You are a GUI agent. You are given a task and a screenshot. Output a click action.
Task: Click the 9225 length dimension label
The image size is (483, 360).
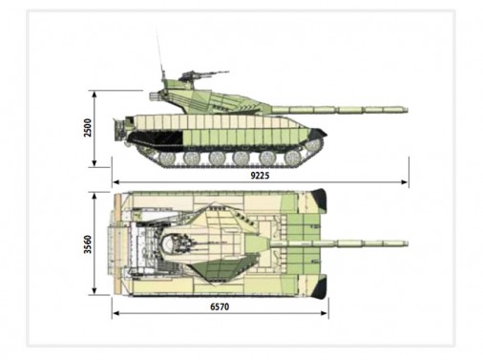(x=260, y=176)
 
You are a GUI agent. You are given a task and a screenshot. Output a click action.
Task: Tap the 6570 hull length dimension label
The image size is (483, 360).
(x=220, y=307)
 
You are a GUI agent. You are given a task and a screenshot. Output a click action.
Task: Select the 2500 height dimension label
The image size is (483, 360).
(x=88, y=128)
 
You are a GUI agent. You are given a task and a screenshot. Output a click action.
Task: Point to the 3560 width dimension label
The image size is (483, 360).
(x=88, y=244)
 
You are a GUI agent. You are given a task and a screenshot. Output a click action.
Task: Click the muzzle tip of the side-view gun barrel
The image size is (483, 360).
(x=407, y=110)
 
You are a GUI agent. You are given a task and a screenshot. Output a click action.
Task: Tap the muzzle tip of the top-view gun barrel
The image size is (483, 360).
(x=407, y=244)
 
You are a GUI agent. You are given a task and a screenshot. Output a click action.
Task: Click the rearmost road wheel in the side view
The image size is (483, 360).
(x=167, y=159)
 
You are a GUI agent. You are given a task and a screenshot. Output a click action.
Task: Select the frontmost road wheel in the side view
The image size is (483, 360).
(x=293, y=159)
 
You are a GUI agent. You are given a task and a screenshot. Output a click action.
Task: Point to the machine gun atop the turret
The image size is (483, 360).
(x=203, y=75)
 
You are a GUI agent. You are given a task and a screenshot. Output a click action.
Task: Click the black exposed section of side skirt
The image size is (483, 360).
(x=156, y=138)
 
